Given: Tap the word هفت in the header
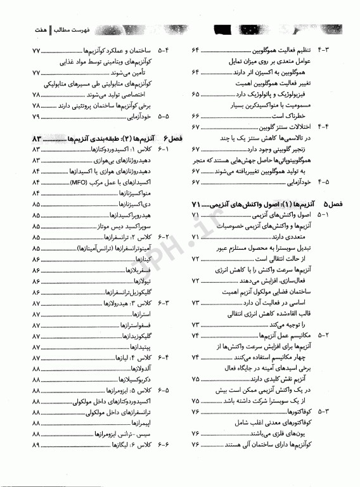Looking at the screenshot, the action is point(30,29).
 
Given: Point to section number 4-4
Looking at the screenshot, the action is point(332,127).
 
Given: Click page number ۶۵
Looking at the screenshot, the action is point(195,94).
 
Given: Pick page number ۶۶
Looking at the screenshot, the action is point(195,117).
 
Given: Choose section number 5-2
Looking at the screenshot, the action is point(332,334).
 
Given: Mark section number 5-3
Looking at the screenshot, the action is point(332,412).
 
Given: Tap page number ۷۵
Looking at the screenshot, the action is point(195,401).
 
